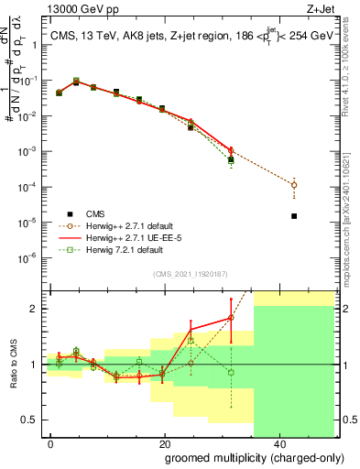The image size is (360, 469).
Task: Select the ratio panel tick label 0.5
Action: [36, 420]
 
